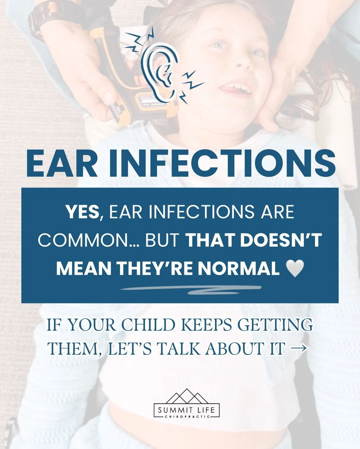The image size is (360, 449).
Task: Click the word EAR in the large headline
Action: (x=62, y=163)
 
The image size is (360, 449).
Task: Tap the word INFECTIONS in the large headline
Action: (x=222, y=163)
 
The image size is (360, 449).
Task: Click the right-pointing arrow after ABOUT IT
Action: (x=298, y=349)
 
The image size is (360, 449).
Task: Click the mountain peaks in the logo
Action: (x=187, y=397)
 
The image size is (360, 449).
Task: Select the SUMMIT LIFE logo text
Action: (x=187, y=409)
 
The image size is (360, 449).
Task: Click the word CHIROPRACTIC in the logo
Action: (x=187, y=416)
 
